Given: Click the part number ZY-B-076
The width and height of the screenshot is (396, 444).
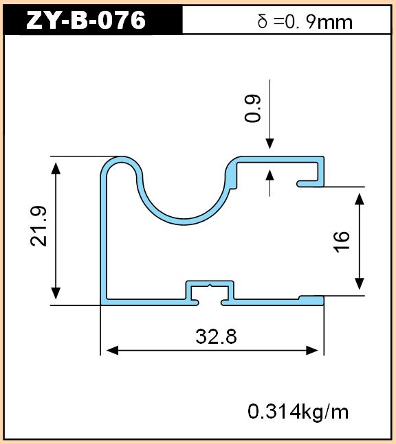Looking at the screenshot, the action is [x=86, y=20].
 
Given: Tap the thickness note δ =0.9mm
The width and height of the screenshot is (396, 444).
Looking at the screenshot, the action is [x=305, y=22].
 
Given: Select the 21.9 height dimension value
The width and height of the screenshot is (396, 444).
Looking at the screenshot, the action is [x=39, y=226].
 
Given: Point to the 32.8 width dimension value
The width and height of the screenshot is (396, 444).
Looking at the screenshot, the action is [x=216, y=337].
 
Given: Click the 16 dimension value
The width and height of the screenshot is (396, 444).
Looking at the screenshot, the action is [x=341, y=242].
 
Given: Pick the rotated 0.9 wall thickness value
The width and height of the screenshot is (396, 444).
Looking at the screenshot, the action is [x=252, y=108].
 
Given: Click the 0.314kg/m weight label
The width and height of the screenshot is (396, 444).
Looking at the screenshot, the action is [x=298, y=412].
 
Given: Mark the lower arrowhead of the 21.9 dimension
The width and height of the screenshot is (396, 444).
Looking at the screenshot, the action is [x=56, y=293].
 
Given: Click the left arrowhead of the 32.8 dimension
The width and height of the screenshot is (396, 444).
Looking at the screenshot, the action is [x=112, y=351].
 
